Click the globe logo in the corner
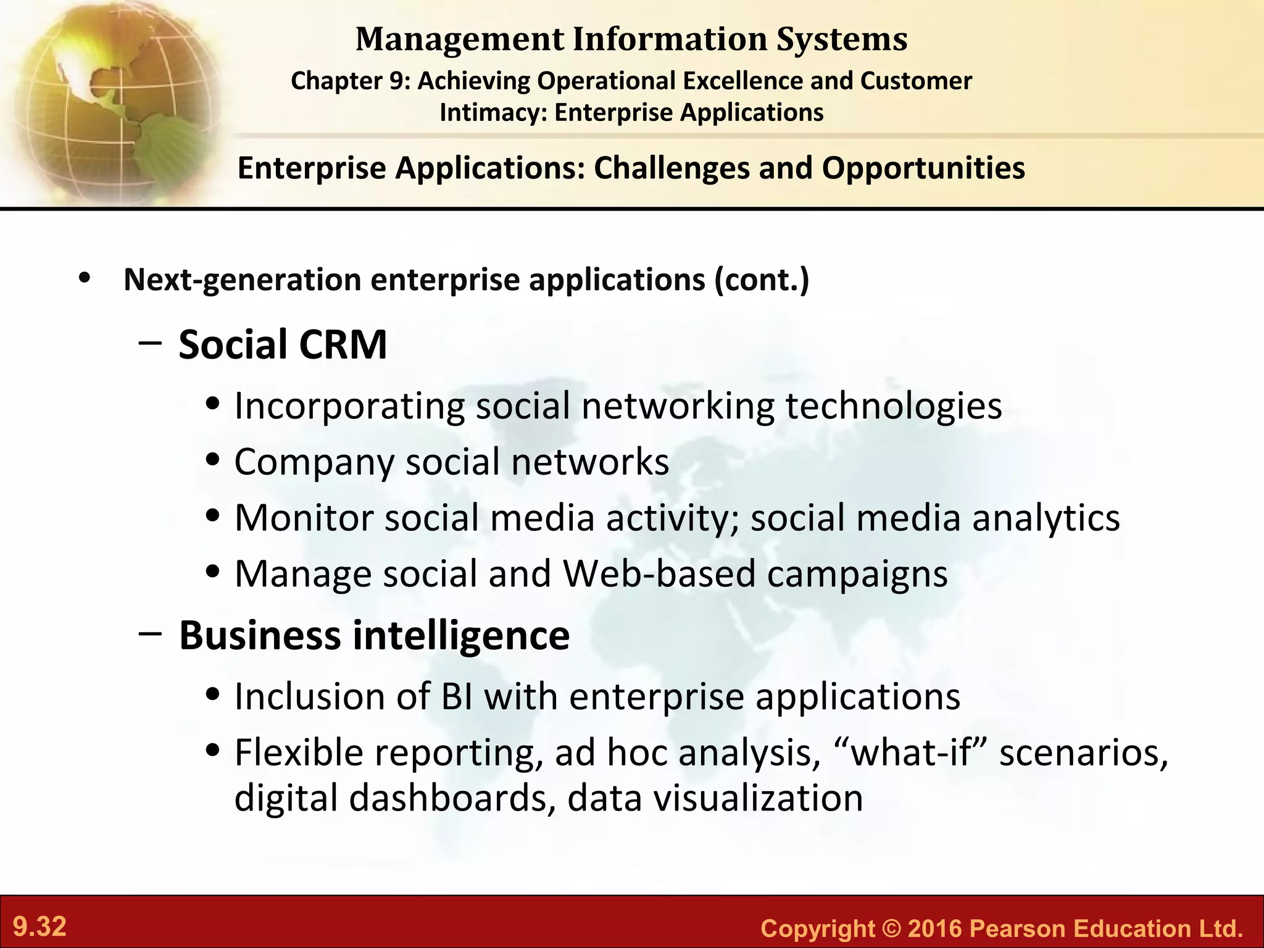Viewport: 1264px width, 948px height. (111, 99)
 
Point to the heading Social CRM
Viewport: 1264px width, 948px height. (283, 344)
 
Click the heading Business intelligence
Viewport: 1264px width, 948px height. (374, 635)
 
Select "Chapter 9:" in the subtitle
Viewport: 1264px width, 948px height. (350, 81)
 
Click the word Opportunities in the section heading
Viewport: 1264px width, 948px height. (923, 168)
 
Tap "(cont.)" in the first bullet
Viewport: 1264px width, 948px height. (762, 280)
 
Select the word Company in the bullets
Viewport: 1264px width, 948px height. (314, 462)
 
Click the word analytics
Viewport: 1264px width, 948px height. (1046, 518)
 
